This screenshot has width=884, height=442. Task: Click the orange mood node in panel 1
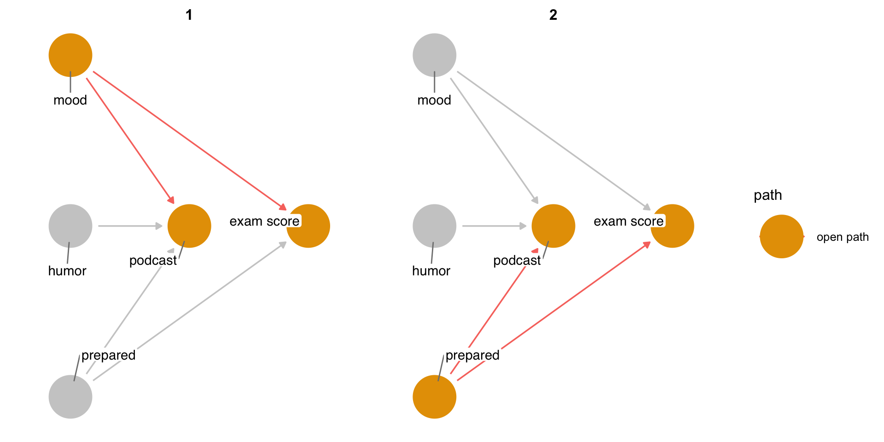pyautogui.click(x=70, y=55)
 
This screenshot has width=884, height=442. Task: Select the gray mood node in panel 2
pyautogui.click(x=434, y=55)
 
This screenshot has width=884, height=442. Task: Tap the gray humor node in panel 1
pyautogui.click(x=70, y=226)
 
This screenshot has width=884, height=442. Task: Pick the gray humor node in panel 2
pyautogui.click(x=434, y=226)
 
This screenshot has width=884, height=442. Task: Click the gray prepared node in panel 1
pyautogui.click(x=70, y=397)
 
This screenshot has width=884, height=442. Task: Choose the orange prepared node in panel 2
pyautogui.click(x=434, y=397)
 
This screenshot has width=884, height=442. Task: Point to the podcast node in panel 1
pyautogui.click(x=189, y=226)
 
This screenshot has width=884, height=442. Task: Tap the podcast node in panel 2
pyautogui.click(x=553, y=226)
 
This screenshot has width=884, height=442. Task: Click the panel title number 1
pyautogui.click(x=189, y=15)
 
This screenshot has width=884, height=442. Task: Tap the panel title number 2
pyautogui.click(x=553, y=15)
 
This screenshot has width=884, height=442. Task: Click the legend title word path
pyautogui.click(x=768, y=195)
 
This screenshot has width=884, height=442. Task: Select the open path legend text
pyautogui.click(x=843, y=237)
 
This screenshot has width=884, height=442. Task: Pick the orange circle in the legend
pyautogui.click(x=781, y=237)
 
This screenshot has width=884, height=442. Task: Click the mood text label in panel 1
pyautogui.click(x=70, y=100)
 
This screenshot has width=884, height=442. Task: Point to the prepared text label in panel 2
pyautogui.click(x=472, y=355)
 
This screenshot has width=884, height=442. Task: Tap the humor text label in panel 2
pyautogui.click(x=431, y=271)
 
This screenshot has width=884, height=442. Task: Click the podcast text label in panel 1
pyautogui.click(x=153, y=261)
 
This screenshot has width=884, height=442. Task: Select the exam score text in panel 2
pyautogui.click(x=628, y=221)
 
